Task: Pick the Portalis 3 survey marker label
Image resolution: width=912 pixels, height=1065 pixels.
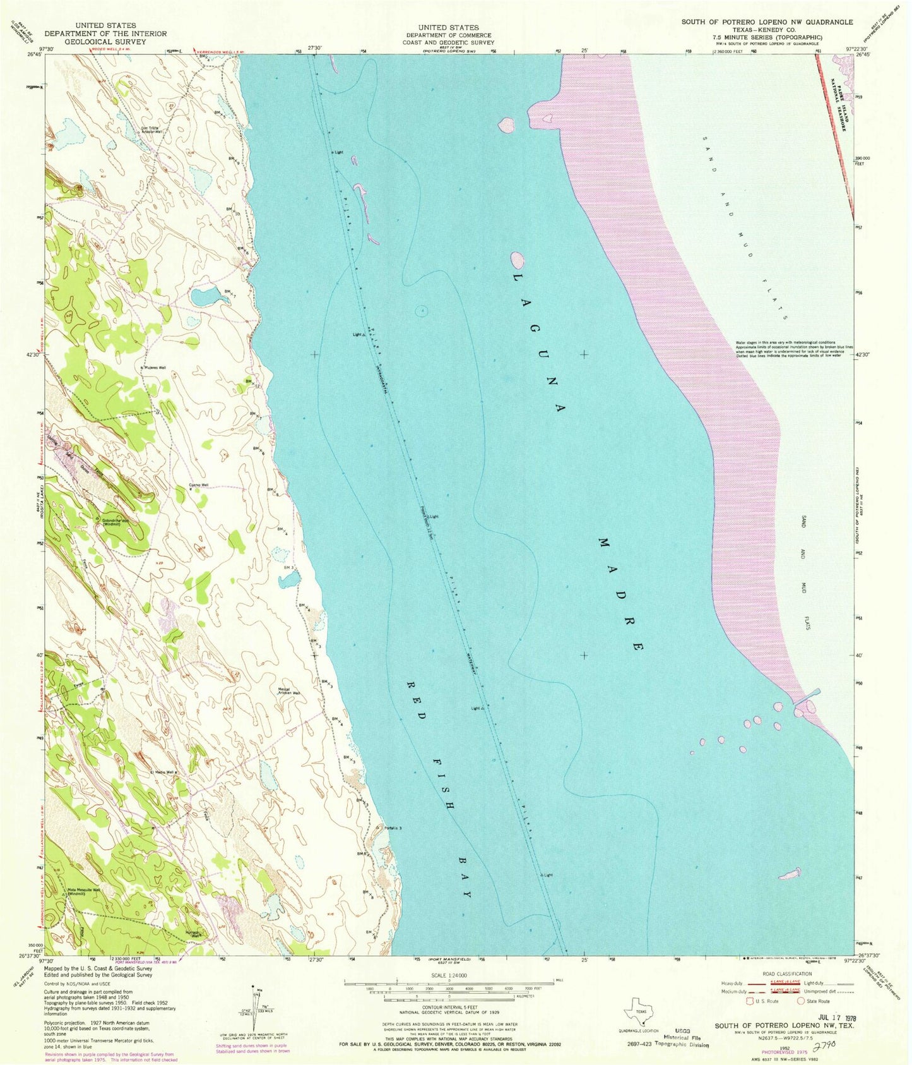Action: [x=391, y=827]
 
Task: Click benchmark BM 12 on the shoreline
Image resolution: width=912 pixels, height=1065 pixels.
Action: [x=251, y=383]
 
